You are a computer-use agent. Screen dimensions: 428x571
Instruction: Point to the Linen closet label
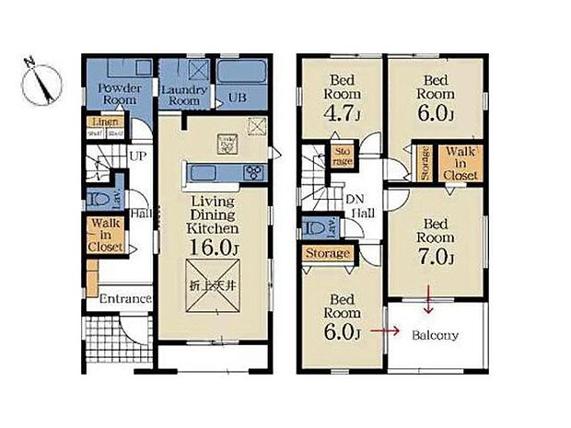(x=104, y=121)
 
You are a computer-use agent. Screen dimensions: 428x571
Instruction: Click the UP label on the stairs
(x=137, y=157)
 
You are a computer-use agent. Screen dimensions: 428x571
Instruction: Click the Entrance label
(x=125, y=299)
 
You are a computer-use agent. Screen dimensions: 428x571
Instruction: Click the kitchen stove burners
(x=254, y=172)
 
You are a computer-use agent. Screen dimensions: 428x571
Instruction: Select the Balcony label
(x=434, y=335)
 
